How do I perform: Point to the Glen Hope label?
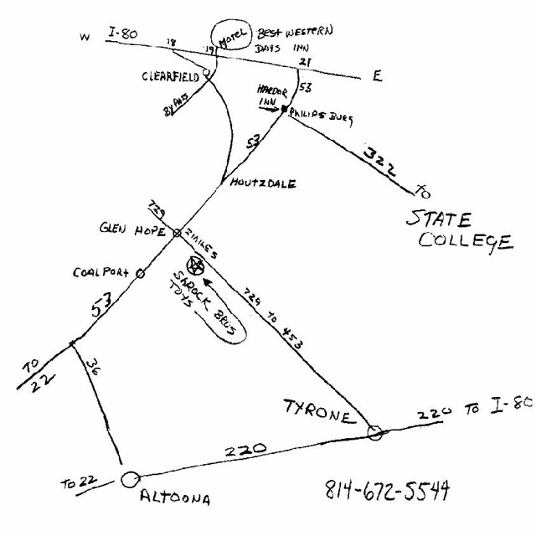coord(131,229)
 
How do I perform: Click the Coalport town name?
coord(100,272)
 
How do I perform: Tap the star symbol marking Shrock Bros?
coord(197,267)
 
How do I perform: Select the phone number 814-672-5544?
coord(386,489)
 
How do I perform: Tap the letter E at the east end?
coord(378,76)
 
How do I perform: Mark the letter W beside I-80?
coord(84,38)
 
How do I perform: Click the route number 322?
coord(379,159)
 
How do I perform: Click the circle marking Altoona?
coord(129,480)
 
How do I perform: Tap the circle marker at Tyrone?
coord(374,432)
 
